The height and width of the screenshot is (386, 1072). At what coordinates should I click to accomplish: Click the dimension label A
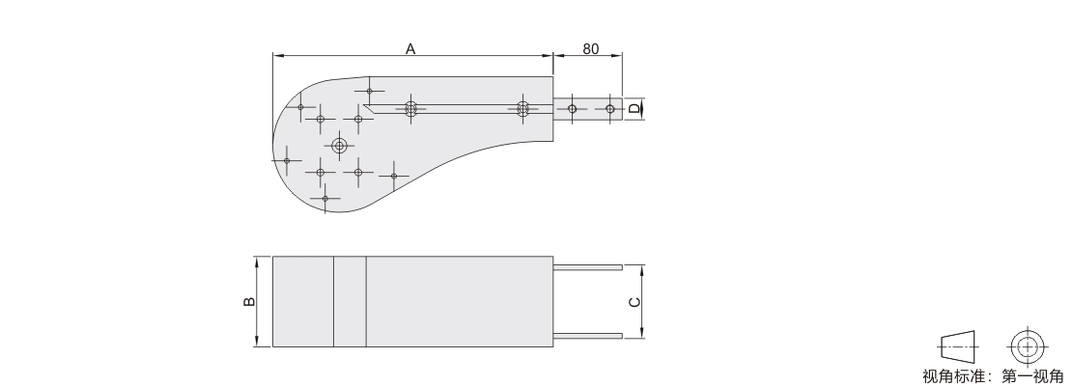click(410, 48)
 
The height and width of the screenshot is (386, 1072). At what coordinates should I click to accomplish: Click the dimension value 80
click(591, 49)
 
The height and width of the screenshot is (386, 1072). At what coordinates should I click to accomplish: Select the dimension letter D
click(635, 109)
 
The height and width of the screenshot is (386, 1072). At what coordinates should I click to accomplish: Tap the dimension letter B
click(249, 301)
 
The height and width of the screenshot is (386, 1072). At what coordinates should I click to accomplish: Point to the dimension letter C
click(635, 302)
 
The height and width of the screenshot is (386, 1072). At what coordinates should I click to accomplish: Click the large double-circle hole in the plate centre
click(339, 146)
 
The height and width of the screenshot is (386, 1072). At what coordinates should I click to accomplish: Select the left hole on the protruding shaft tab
click(573, 109)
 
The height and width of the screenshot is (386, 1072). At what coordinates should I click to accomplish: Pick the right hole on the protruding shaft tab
click(609, 109)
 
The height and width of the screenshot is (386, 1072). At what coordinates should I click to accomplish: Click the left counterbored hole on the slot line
click(410, 109)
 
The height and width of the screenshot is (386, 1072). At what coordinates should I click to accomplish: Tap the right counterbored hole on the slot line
click(523, 109)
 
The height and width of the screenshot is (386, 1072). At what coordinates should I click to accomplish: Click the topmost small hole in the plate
click(369, 91)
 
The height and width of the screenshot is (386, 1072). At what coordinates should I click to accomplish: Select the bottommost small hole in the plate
click(324, 199)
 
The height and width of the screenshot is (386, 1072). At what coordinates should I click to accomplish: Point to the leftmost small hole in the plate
click(287, 160)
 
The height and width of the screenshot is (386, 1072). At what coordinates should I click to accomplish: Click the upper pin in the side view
click(588, 268)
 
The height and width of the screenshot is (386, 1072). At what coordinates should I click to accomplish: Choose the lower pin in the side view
click(588, 336)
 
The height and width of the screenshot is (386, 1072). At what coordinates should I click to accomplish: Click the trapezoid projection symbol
click(958, 347)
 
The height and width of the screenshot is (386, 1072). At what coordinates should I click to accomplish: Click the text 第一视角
click(1033, 376)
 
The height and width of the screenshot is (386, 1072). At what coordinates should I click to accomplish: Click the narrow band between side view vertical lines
click(350, 301)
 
